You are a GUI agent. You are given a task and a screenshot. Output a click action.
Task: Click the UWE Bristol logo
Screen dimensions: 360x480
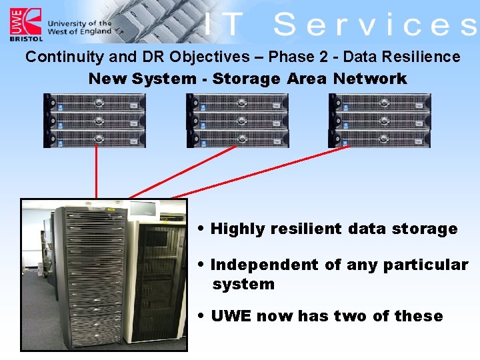(x=25, y=24)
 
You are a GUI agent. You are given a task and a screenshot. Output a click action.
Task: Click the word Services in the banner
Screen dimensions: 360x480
(x=375, y=25)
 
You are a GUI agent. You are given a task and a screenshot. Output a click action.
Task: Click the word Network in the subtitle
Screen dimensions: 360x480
(x=370, y=79)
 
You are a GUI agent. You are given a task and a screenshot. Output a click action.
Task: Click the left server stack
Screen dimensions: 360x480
(x=95, y=121)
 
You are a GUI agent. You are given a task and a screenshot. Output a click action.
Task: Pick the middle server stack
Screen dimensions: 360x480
(x=238, y=121)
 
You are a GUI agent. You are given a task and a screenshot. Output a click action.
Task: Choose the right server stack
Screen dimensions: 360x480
(x=380, y=121)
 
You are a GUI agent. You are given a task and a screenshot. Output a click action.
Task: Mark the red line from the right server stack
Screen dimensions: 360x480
(x=260, y=172)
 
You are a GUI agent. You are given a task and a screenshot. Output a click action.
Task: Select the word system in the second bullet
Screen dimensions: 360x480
(x=243, y=284)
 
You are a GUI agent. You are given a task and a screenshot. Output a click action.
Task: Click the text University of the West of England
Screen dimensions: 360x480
(x=79, y=27)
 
